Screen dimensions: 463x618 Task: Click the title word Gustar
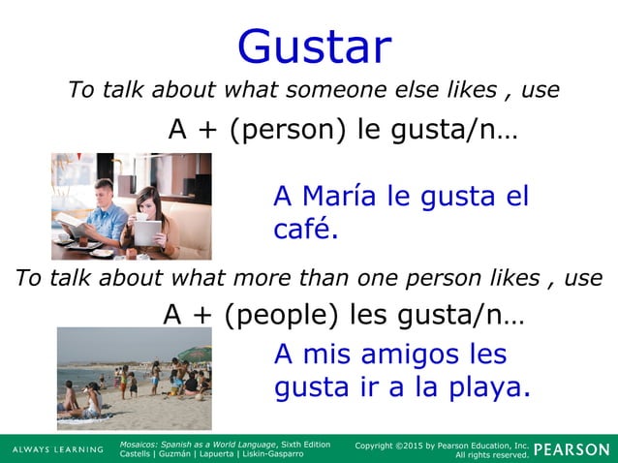(x=314, y=46)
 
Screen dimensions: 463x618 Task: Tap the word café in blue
(x=305, y=231)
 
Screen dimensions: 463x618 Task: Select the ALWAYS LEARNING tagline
(x=57, y=449)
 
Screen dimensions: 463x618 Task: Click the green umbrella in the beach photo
(x=197, y=354)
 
